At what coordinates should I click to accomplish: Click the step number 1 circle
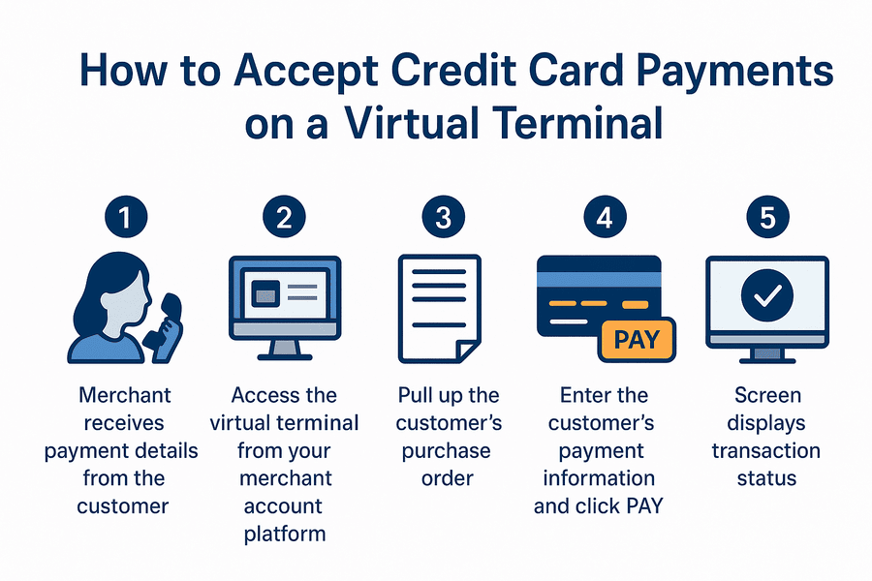(124, 219)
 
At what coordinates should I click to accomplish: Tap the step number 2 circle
(284, 219)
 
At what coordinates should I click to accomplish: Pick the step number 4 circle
(605, 219)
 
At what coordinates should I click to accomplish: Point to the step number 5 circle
(767, 219)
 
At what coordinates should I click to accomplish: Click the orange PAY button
(637, 340)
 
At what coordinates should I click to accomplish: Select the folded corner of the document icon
(469, 351)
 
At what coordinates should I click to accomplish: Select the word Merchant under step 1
(126, 395)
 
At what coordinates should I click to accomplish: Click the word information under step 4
(599, 479)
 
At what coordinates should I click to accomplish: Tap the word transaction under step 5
(766, 451)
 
